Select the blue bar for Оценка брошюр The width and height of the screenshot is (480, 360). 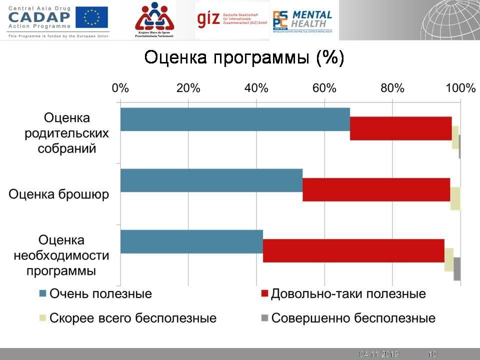[211, 180]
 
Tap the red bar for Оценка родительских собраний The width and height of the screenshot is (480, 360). [400, 128]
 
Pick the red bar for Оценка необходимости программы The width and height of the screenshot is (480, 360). [353, 250]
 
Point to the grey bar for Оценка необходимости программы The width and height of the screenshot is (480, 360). [457, 269]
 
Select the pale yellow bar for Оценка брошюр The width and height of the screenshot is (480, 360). [455, 198]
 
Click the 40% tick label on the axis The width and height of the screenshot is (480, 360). [256, 88]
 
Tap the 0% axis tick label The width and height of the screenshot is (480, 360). [120, 88]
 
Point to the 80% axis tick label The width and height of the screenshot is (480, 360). [392, 88]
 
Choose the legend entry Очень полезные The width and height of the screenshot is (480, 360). [95, 293]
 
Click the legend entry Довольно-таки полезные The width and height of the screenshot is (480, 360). [343, 293]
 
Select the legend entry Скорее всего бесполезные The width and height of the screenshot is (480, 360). [127, 318]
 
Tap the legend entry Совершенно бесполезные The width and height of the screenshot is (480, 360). [348, 318]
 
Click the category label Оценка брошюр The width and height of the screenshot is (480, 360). [58, 194]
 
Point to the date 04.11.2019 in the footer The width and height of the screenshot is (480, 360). [378, 354]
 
